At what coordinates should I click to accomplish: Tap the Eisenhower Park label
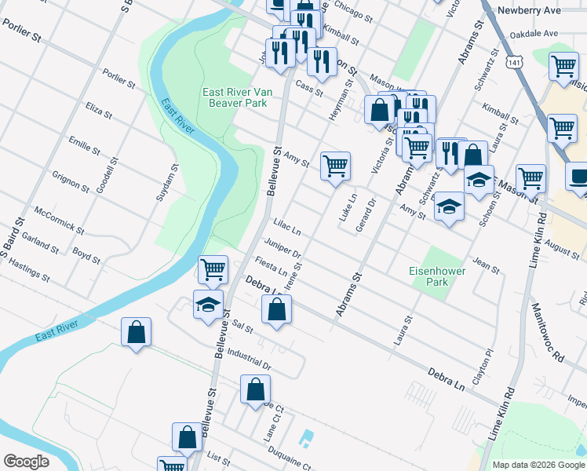point(437,276)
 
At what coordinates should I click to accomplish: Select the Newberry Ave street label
point(533,10)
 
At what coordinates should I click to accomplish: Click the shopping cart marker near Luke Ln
point(335,166)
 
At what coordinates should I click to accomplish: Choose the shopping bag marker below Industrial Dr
point(256,389)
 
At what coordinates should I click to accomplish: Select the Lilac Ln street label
point(287,228)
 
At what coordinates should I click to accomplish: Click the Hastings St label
point(30,272)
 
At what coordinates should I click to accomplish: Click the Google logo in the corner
point(26,462)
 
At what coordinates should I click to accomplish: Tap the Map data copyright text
point(538,465)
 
